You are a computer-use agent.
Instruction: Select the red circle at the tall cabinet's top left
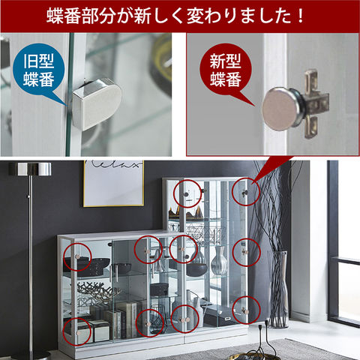click(185, 194)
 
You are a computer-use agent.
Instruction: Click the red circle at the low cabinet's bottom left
click(75, 330)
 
